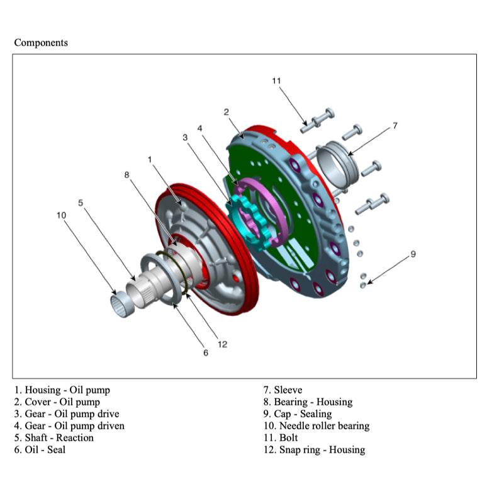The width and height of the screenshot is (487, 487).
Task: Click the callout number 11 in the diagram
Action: pos(276,81)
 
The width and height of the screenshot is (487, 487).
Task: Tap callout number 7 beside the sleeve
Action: pos(395,125)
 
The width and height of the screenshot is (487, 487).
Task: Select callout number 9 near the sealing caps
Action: pos(413,254)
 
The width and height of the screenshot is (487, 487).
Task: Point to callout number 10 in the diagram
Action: pos(61,215)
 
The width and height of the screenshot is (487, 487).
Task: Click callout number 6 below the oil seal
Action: pos(205,353)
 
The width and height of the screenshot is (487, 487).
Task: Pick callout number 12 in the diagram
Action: pos(222,344)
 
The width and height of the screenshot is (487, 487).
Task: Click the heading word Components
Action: pos(41,43)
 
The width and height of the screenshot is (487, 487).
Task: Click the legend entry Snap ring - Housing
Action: pos(314,449)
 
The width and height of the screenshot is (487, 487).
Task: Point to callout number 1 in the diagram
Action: pos(150,159)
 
